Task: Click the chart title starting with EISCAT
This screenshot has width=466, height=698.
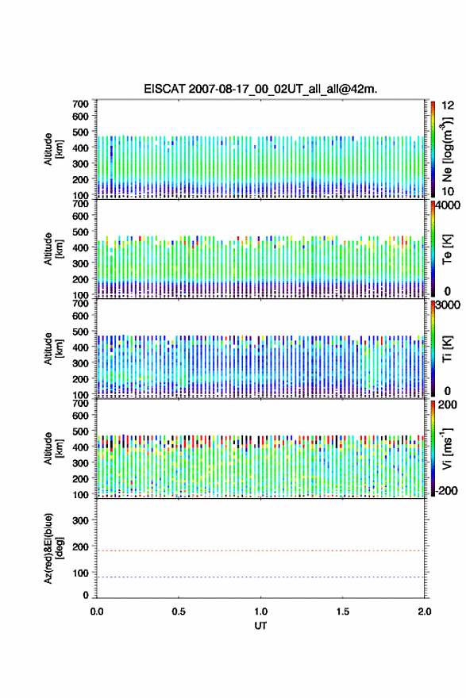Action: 260,89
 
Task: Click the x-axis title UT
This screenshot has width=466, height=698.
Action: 260,626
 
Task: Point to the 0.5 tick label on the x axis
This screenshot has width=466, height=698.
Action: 179,612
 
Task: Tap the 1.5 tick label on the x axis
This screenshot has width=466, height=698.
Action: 343,612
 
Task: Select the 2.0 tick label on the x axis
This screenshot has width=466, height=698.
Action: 425,612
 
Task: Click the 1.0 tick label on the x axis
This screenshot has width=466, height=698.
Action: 260,612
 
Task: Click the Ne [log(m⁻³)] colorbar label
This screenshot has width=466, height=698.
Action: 447,150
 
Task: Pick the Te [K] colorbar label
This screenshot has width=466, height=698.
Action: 447,249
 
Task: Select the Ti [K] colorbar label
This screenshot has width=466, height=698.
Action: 447,349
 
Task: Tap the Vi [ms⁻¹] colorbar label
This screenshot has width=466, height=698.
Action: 447,449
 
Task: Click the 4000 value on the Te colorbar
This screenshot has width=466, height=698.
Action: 448,205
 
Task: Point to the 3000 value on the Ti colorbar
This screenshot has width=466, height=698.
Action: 448,305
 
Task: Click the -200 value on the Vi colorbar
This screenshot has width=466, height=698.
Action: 446,490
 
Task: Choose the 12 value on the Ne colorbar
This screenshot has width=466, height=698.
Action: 448,105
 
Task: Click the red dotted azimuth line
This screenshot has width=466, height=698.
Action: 260,550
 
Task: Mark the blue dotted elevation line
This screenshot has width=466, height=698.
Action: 260,577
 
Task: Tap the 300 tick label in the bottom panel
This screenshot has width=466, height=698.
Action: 80,520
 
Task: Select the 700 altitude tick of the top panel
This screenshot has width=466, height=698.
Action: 80,104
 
